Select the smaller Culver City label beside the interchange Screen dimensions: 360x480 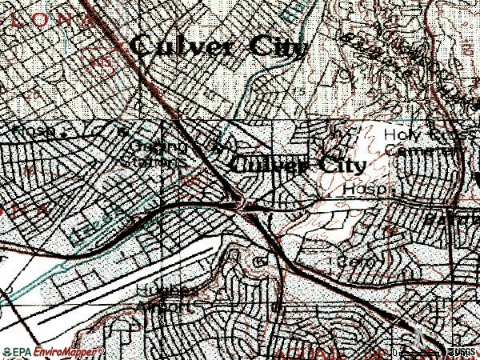tap(298, 166)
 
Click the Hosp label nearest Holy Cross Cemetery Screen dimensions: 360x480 tap(365, 190)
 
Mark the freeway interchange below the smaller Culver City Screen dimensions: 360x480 tap(244, 206)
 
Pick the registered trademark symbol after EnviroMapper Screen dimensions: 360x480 tap(101, 350)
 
